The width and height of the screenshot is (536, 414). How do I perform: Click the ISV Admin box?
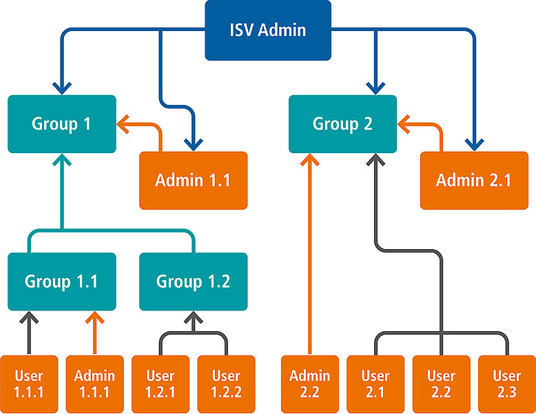(268, 30)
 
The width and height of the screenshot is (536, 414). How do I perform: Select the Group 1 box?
(62, 124)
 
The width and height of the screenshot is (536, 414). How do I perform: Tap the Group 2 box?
(342, 124)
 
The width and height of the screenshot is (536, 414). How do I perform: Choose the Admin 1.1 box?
(193, 181)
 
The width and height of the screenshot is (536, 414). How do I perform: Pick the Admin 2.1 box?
(474, 181)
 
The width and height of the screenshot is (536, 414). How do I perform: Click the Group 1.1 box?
(62, 282)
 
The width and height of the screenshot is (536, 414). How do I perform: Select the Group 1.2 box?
(193, 282)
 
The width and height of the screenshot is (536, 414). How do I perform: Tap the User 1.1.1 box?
(29, 384)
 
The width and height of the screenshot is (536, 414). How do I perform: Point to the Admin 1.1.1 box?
(94, 384)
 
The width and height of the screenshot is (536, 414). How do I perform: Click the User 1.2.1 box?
(161, 384)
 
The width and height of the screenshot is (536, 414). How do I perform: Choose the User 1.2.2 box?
(226, 384)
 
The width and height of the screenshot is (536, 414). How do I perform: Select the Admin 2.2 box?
(310, 384)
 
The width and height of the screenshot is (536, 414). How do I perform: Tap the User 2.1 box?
(375, 384)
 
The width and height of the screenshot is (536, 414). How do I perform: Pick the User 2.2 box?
(442, 384)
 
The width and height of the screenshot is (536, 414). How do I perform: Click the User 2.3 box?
(507, 384)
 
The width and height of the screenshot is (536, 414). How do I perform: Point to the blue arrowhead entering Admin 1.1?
(194, 145)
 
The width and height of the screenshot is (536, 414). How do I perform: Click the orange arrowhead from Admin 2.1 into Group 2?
(404, 124)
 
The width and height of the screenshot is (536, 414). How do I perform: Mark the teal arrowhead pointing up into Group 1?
(62, 160)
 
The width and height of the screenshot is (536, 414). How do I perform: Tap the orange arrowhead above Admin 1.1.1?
(94, 317)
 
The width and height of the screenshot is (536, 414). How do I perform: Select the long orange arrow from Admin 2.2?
(310, 254)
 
